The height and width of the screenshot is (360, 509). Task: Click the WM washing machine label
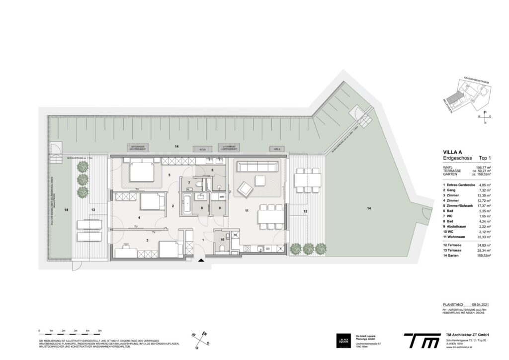(221, 197)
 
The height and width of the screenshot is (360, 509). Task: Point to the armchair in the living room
(245, 189)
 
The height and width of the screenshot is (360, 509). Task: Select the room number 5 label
(170, 175)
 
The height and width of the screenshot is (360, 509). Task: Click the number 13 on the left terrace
(93, 209)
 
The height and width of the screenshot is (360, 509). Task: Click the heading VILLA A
(453, 153)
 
